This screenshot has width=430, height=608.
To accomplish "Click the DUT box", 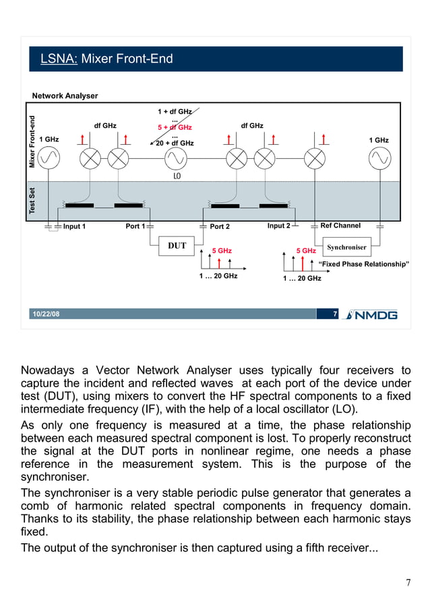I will (177, 246).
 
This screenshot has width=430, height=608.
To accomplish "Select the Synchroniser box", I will (346, 247).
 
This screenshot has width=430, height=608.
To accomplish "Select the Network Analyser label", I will (65, 96).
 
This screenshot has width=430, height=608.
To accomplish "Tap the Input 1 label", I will (74, 226).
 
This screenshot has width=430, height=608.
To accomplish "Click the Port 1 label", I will (135, 226).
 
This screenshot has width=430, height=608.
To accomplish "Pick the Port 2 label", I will (220, 227).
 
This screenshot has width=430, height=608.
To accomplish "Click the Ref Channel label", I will (340, 226).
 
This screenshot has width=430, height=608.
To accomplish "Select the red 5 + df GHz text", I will (175, 127).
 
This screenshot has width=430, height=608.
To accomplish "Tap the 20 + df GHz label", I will (175, 143).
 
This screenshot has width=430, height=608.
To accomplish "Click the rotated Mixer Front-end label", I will (32, 141).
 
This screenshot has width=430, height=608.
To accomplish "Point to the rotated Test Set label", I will (32, 201).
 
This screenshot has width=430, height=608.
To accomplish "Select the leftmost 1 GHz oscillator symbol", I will (49, 158).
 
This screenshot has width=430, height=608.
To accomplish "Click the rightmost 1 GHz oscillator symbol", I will (378, 158).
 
